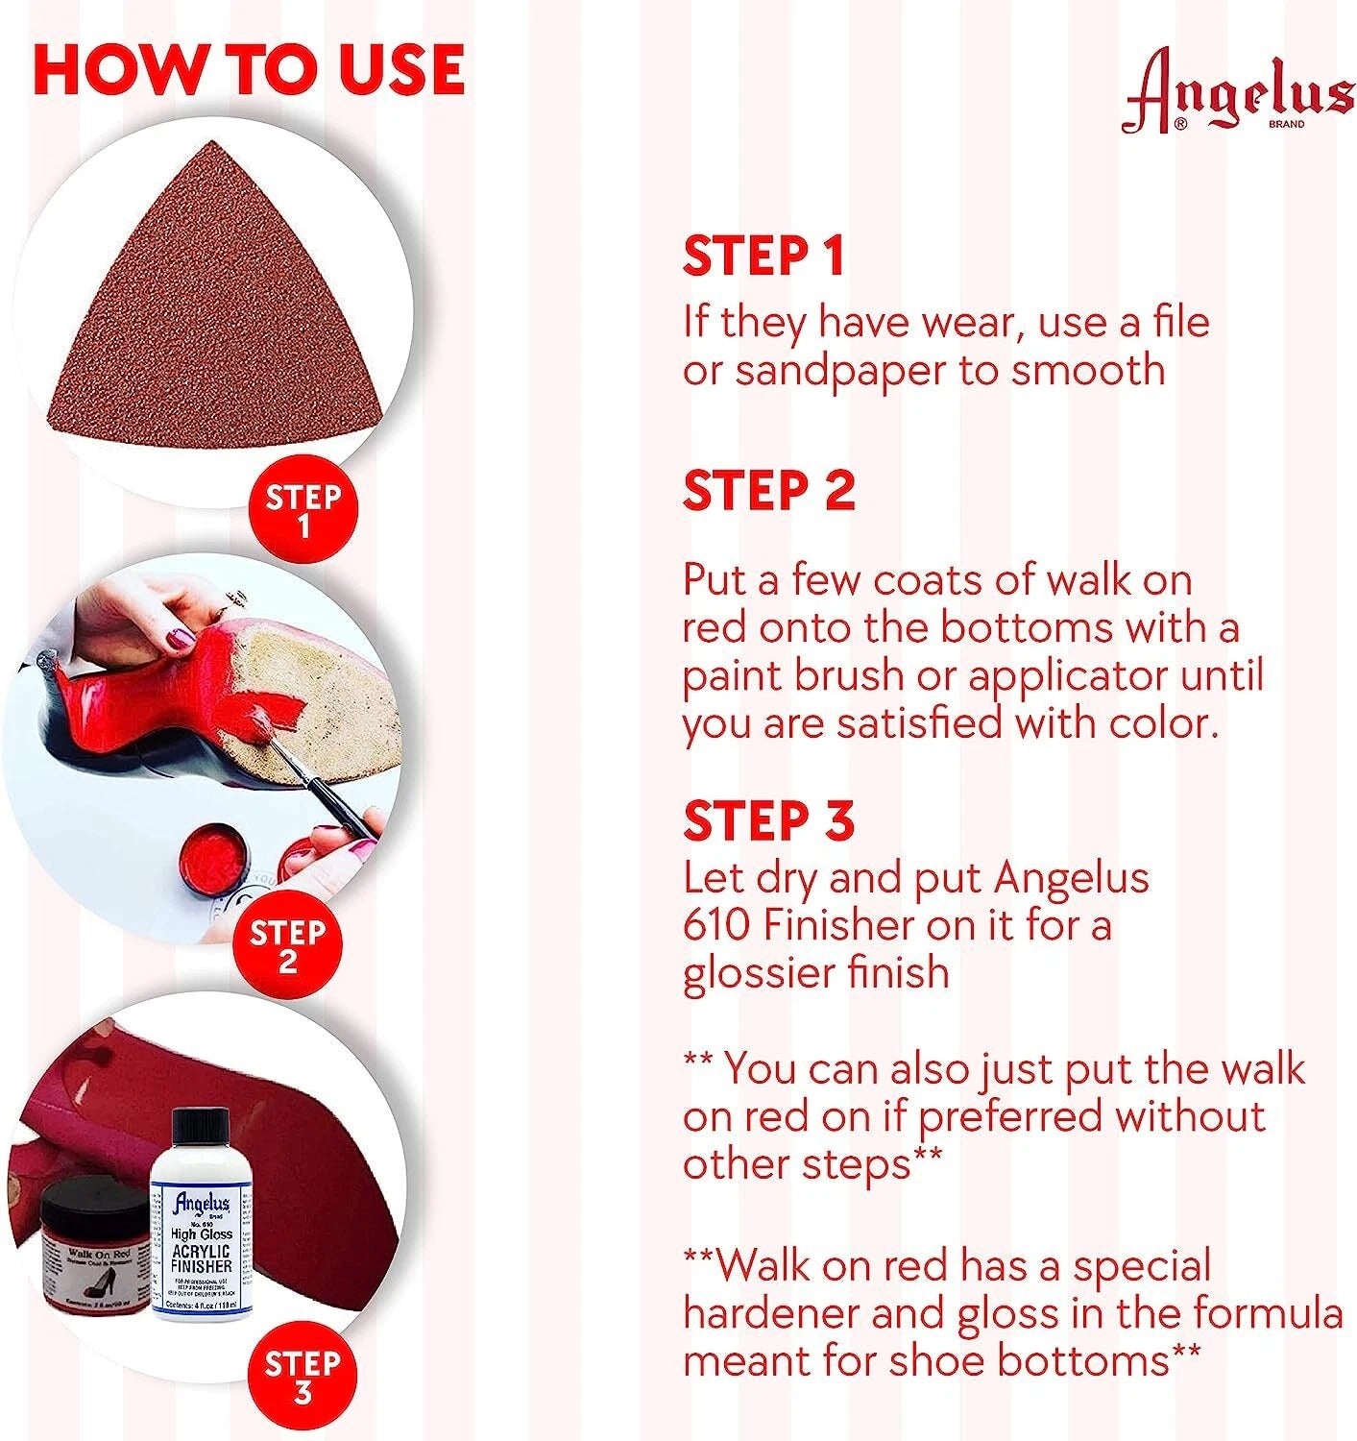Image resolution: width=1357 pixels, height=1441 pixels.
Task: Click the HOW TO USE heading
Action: (x=248, y=68)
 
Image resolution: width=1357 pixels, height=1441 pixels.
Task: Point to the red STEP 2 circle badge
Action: (x=287, y=945)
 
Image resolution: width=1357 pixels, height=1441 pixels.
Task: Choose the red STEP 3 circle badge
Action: (x=303, y=1377)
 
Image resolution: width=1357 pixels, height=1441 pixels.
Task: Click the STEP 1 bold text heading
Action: (x=763, y=256)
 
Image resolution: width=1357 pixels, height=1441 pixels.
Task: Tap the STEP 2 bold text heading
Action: (x=768, y=491)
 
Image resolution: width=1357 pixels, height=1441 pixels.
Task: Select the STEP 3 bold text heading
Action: (x=768, y=820)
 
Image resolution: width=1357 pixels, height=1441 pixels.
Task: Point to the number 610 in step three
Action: (x=715, y=925)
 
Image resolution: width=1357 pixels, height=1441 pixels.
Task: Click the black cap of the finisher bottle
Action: (x=201, y=1134)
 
